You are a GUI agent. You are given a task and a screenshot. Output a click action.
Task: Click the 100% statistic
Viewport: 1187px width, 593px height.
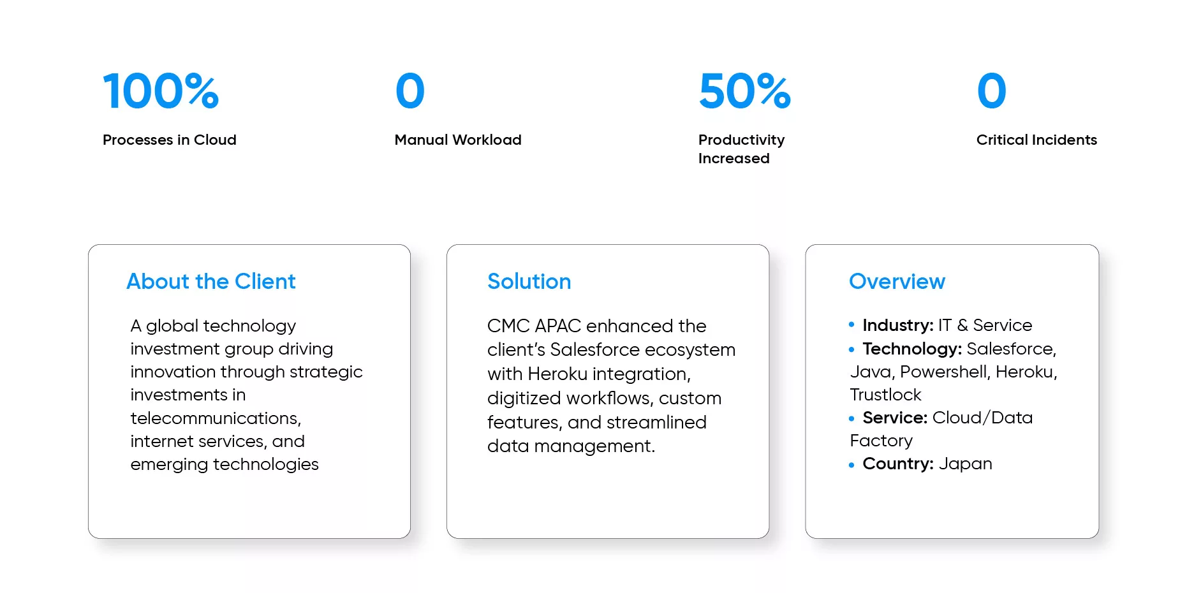tap(161, 91)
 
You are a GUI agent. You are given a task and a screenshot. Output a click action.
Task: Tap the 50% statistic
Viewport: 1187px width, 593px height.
tap(744, 91)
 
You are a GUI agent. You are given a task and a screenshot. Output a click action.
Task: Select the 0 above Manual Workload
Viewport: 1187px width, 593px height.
tap(409, 91)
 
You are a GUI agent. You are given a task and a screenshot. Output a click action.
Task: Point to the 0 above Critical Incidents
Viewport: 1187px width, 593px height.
tap(991, 91)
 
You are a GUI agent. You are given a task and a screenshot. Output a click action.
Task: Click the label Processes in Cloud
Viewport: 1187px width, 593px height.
tap(170, 140)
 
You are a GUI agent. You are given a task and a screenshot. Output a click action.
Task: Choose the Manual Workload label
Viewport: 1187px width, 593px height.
tap(458, 140)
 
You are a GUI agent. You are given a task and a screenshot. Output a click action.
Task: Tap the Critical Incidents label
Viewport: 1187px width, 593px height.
tap(1036, 140)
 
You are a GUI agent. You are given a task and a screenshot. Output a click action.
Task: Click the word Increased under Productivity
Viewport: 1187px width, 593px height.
tap(734, 158)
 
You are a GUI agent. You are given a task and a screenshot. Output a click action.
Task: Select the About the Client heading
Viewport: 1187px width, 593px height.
tap(211, 281)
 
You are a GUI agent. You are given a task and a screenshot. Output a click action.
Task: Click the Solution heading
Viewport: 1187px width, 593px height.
tap(529, 281)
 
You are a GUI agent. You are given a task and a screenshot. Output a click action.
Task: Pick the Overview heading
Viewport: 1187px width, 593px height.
tap(897, 281)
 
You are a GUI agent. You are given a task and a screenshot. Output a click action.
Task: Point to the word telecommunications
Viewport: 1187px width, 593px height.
tap(216, 418)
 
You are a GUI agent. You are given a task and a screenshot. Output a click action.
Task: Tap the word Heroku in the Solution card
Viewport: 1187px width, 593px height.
tap(557, 374)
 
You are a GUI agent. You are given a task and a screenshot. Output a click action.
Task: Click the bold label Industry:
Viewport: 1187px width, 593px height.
tap(898, 325)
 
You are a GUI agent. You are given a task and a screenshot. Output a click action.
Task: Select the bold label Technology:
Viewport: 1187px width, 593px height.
tap(912, 349)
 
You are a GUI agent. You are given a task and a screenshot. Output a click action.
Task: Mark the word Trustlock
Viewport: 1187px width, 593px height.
tap(885, 395)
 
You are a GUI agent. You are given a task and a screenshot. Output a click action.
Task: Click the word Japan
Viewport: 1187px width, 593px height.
tap(965, 464)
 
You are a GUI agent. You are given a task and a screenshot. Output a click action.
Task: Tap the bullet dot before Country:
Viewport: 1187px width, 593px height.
tap(852, 465)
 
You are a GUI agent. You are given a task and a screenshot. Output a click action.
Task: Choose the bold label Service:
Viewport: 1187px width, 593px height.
tap(895, 418)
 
